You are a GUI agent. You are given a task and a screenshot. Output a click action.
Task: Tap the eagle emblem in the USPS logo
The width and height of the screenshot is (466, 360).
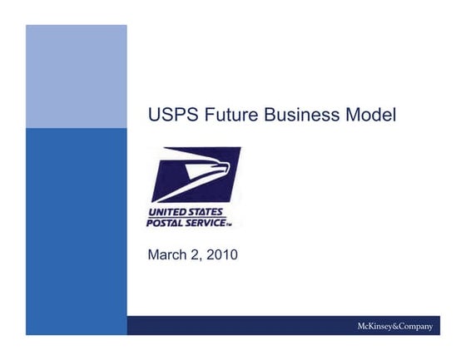(x=196, y=175)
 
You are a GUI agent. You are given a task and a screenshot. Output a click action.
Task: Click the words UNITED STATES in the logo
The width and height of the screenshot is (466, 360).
(x=186, y=212)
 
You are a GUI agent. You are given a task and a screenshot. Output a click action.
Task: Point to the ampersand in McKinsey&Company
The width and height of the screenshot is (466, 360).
(x=389, y=326)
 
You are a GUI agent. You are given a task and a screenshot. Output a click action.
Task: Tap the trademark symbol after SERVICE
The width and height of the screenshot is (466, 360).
(x=230, y=224)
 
